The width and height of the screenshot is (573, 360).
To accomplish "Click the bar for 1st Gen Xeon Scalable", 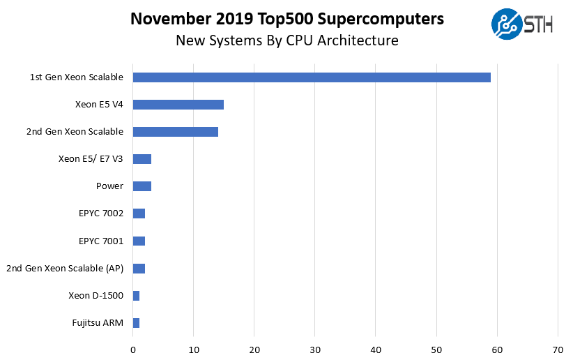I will (x=312, y=77).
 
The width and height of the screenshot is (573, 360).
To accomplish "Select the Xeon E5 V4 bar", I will (x=178, y=105).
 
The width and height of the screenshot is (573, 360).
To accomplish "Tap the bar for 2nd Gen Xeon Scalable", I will (x=175, y=132).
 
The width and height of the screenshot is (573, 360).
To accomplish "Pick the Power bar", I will (x=142, y=186).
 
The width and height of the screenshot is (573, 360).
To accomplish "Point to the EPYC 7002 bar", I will (x=139, y=213).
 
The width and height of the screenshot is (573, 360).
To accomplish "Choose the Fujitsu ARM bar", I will (x=136, y=323).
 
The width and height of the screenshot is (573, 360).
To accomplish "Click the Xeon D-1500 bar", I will (x=136, y=296).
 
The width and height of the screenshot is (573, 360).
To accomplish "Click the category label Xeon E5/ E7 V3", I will (x=91, y=159).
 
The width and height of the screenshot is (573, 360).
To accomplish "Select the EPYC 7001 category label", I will (x=101, y=241).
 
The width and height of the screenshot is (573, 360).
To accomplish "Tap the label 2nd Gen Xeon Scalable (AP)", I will (x=65, y=268).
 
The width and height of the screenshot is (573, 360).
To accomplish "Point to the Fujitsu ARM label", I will (x=97, y=323).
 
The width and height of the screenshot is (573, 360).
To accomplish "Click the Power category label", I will (x=109, y=186).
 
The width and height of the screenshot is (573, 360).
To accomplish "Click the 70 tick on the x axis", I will (x=558, y=349).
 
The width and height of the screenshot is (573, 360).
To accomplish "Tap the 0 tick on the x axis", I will (x=133, y=349).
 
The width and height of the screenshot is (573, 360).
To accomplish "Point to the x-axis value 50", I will (x=436, y=349).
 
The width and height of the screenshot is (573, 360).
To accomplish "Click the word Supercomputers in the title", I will (x=379, y=20).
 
